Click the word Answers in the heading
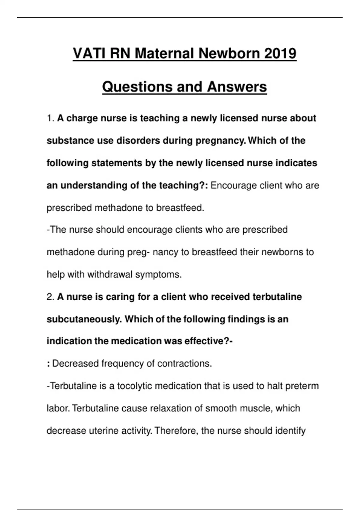click(x=237, y=87)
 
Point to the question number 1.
click(x=50, y=118)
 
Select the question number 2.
click(x=50, y=297)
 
